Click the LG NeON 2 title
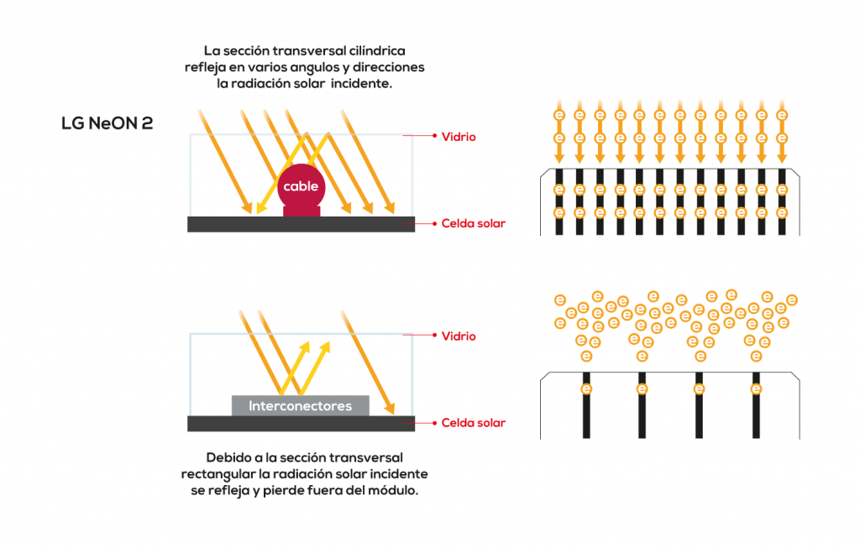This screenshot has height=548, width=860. pos(107,123)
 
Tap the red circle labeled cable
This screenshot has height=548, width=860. pos(302,186)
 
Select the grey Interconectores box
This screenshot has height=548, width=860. pos(301,405)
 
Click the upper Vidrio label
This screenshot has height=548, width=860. pos(459,137)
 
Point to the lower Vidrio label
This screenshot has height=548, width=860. pos(459,336)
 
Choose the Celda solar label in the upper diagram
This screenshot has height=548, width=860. pos(474,223)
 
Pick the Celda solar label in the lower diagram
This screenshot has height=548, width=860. pos(474,422)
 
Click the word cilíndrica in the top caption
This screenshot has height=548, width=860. pos(377,51)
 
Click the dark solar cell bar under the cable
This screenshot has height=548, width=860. pos(302,224)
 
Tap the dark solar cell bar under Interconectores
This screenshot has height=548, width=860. pos(302,424)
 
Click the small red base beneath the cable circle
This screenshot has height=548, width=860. pos(302,211)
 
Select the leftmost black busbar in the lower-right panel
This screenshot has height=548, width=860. pos(586,405)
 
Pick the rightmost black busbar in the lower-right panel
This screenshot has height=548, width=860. pos(757,405)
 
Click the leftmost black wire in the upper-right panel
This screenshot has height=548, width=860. pos(558,202)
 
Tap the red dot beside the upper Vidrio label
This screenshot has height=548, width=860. pos(434,135)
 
